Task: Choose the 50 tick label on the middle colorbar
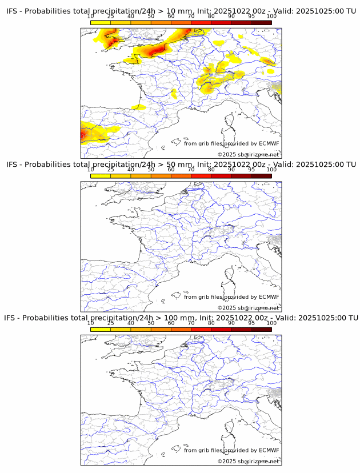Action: pyautogui.click(x=151, y=170)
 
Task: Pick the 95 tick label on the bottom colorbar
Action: pyautogui.click(x=251, y=323)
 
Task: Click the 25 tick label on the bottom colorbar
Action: pyautogui.click(x=111, y=323)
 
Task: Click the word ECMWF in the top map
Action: pyautogui.click(x=269, y=143)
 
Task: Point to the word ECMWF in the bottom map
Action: pyautogui.click(x=269, y=450)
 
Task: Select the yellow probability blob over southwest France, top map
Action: pyautogui.click(x=138, y=107)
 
